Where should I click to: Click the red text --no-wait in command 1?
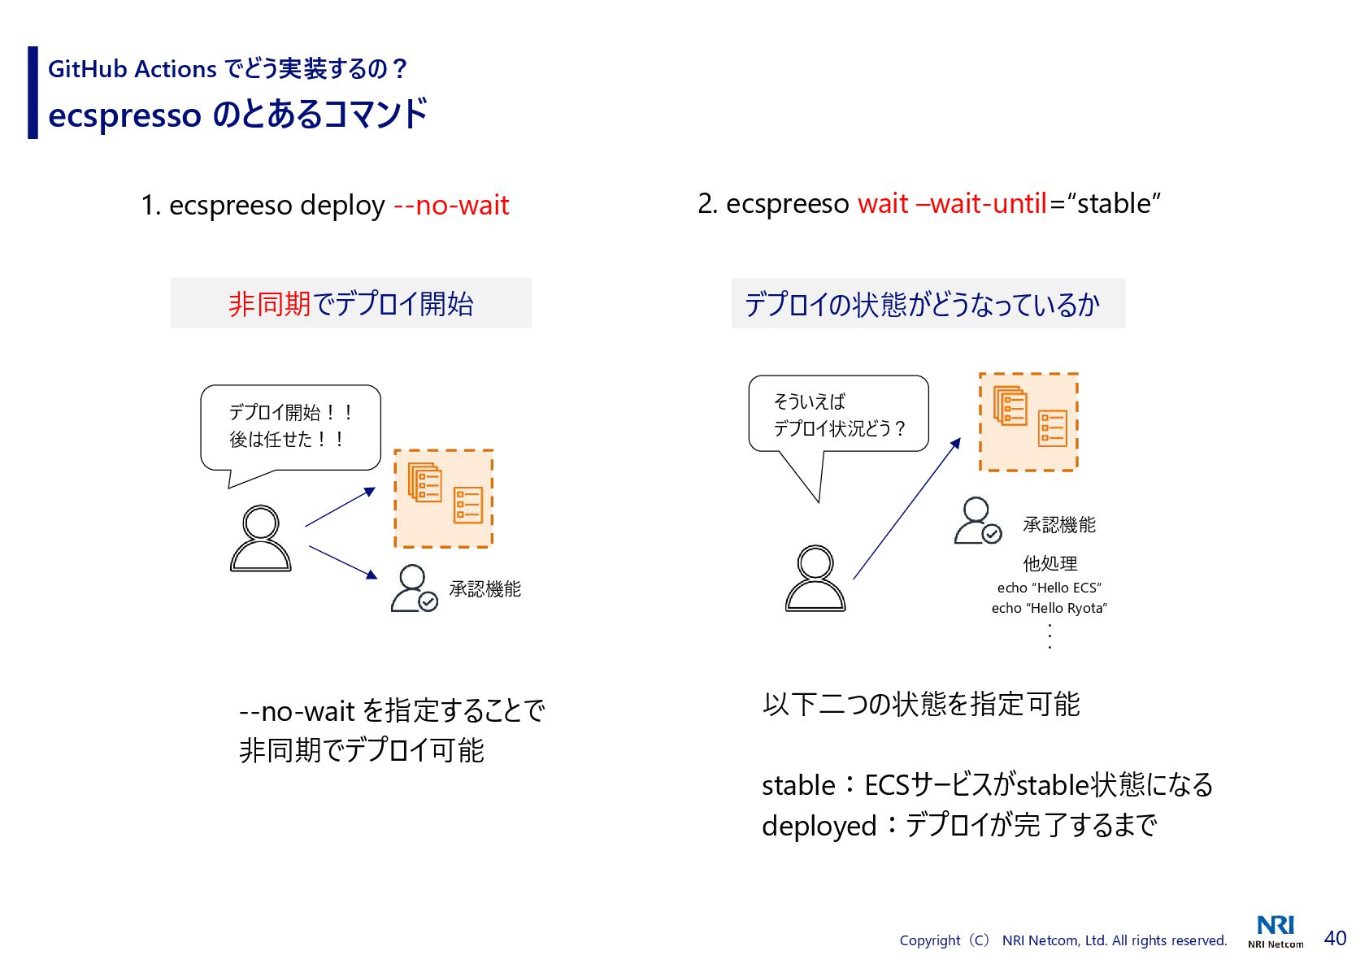pos(451,206)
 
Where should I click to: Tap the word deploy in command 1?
pos(341,206)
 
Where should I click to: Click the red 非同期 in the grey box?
pos(270,304)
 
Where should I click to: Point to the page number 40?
pos(1335,938)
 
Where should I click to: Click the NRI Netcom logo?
pos(1276,931)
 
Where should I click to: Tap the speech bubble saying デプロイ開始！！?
pos(290,428)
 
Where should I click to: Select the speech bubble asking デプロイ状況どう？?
pos(838,415)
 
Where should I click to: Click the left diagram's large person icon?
pos(260,538)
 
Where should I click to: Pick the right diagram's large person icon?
pos(815,578)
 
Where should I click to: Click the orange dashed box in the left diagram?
pos(444,498)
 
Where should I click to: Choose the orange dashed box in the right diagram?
pos(1028,422)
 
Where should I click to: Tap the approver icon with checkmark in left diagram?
pos(414,588)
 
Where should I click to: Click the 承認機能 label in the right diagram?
pos(1058,525)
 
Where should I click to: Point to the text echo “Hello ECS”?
pos(1049,588)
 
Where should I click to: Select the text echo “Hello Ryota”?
pos(1049,608)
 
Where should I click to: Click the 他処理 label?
pos(1050,563)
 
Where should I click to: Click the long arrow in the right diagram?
pos(906,509)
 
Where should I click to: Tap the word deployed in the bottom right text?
pos(818,826)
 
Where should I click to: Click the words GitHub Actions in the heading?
pos(133,69)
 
